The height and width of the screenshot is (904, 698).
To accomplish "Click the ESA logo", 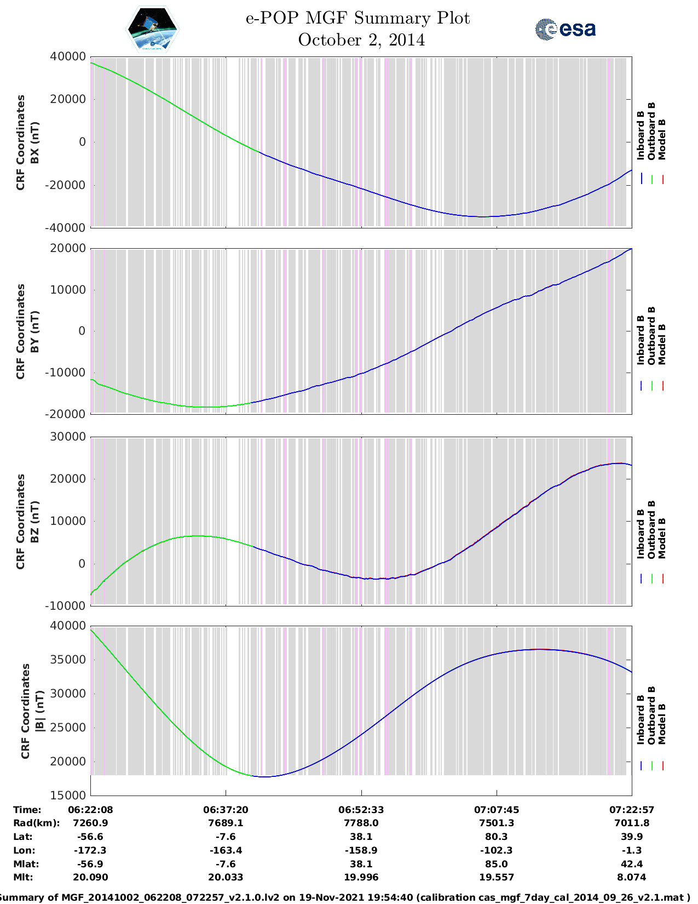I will (x=565, y=30).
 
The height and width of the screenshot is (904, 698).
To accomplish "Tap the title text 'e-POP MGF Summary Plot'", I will (x=357, y=19).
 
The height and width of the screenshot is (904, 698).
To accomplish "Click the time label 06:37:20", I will (x=226, y=810).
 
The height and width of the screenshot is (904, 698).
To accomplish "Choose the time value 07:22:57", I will (x=632, y=810).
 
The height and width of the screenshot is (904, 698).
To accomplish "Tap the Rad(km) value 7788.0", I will (x=361, y=823).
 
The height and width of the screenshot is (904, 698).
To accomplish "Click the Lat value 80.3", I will (x=497, y=837).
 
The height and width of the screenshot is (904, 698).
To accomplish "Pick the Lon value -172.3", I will (x=90, y=850).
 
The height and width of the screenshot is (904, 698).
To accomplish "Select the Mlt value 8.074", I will (x=632, y=877).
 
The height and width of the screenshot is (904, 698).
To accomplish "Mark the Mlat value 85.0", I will (x=497, y=864).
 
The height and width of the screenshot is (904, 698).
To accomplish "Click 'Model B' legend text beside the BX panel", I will (x=662, y=139).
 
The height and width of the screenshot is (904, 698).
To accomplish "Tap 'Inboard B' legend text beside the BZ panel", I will (x=641, y=534).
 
